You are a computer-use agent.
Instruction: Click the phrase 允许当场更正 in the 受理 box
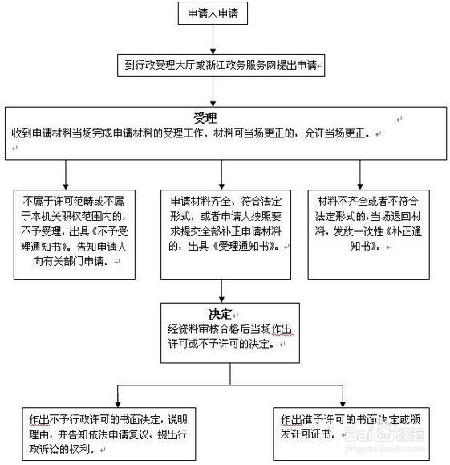tap(328, 133)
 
